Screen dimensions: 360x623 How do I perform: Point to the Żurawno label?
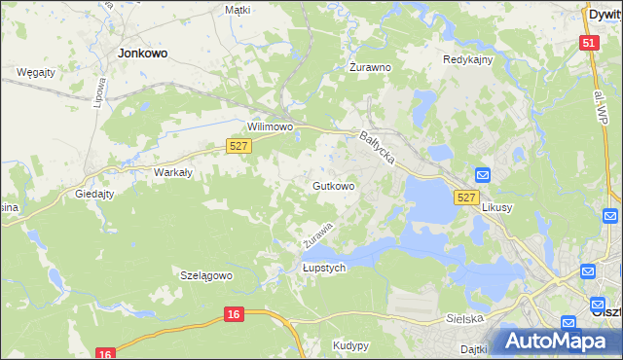point(370,68)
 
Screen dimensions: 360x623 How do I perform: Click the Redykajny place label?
point(468,59)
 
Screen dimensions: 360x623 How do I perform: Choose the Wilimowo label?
point(271,126)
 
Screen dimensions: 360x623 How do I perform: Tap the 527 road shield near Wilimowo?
point(239,146)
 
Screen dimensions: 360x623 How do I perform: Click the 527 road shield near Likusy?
point(466,197)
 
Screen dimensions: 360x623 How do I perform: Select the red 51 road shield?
point(588,44)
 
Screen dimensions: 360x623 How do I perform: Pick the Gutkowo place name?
point(333,185)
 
